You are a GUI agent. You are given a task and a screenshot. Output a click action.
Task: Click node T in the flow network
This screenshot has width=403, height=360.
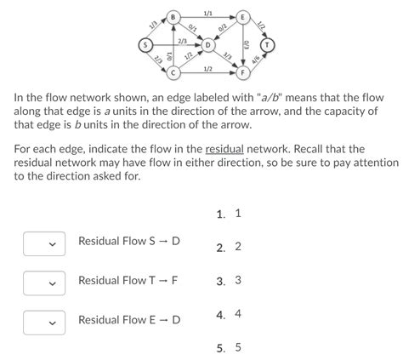tap(270, 44)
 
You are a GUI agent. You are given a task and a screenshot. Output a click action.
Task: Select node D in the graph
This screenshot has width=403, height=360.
tap(207, 44)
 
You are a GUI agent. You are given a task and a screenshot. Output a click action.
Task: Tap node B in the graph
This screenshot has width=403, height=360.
tap(173, 16)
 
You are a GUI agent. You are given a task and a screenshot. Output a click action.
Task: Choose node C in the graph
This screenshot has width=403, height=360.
tap(173, 72)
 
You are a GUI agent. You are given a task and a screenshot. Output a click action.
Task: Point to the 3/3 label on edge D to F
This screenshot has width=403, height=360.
tap(227, 57)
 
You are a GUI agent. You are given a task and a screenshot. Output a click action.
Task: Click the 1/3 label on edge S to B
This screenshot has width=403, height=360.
tap(155, 26)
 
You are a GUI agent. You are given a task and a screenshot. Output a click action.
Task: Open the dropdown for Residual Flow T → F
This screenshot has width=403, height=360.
tap(44, 283)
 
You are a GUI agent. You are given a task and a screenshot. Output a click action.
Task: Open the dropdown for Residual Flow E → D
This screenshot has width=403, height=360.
tap(44, 322)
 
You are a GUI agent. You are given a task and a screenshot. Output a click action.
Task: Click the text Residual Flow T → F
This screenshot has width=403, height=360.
tap(128, 281)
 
